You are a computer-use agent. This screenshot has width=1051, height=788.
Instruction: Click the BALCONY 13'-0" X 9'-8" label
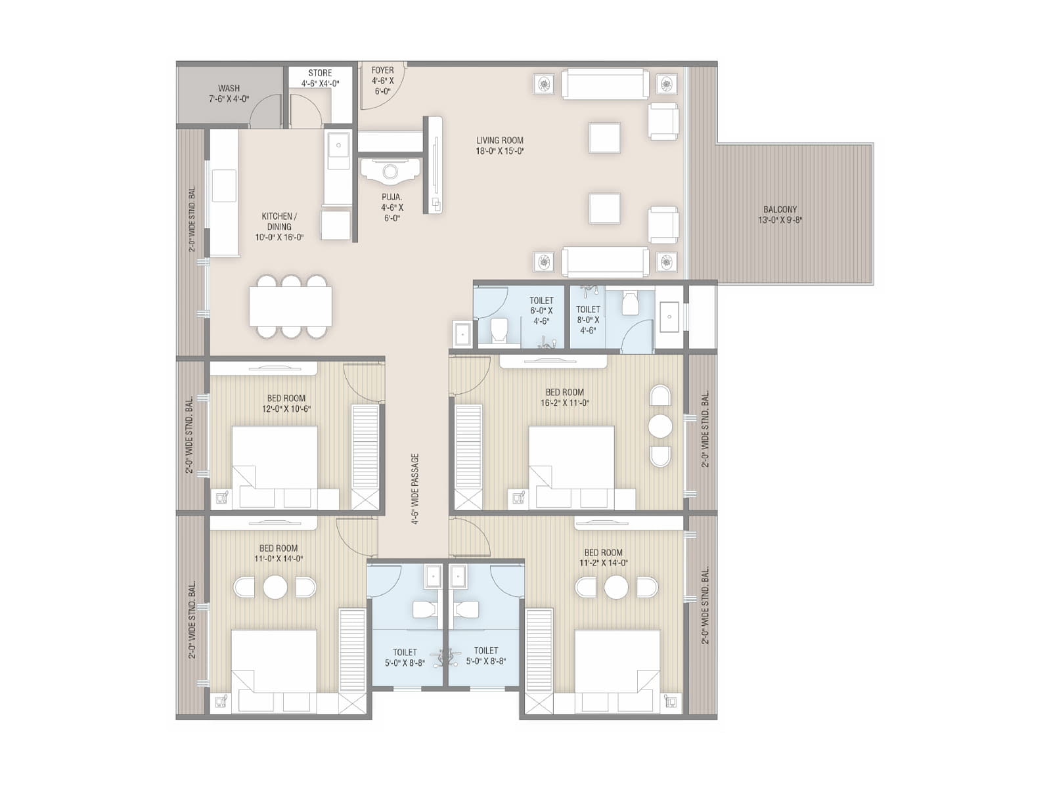point(780,215)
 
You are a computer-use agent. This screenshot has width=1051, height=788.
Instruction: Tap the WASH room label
point(229,93)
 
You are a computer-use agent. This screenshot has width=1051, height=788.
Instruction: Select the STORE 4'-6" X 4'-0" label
point(320,78)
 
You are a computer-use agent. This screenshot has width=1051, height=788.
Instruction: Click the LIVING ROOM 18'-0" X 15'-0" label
point(500,145)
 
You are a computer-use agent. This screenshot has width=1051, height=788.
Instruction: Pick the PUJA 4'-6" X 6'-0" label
point(392,208)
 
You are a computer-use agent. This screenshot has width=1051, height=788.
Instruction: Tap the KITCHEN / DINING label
point(279,227)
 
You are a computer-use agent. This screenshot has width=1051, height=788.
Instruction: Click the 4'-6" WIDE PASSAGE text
point(415,489)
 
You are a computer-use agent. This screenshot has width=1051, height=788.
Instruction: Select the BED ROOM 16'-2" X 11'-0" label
point(564,397)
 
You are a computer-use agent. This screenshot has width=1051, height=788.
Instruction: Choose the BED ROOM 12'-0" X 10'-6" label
point(286,403)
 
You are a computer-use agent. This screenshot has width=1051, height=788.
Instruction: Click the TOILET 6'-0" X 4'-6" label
point(541,311)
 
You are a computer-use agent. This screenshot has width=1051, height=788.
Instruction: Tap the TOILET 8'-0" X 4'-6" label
point(588,319)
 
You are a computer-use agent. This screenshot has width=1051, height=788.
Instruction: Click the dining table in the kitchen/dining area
point(290,307)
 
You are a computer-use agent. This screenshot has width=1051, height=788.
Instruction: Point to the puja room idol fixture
point(390,172)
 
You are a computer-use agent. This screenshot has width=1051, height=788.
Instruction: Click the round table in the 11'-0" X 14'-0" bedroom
point(275,587)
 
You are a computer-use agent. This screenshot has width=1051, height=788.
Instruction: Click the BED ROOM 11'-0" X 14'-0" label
point(278,554)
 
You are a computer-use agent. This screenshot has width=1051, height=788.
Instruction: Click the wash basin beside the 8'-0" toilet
point(669,317)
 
